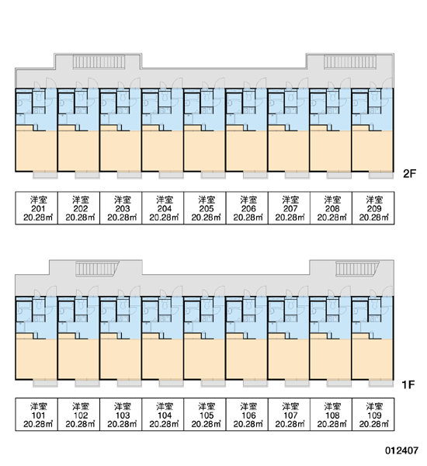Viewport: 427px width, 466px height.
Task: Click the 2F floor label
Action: click(409, 173)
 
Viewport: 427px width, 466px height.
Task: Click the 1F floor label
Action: click(408, 384)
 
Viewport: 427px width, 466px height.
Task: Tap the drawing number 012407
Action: click(401, 450)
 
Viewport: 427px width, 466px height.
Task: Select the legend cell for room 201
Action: click(36, 208)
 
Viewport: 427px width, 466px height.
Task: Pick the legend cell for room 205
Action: click(205, 208)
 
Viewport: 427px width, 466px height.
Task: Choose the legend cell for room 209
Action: click(373, 208)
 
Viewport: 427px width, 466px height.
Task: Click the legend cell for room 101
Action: click(36, 414)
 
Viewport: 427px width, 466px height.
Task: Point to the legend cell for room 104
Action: click(163, 414)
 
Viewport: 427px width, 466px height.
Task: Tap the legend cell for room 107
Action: click(289, 414)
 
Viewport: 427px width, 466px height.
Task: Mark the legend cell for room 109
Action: click(373, 414)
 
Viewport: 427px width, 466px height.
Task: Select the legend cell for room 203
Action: click(121, 208)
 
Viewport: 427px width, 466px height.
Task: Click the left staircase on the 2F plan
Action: click(99, 62)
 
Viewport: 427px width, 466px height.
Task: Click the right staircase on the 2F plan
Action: click(350, 62)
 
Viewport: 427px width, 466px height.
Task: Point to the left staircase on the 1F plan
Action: click(96, 269)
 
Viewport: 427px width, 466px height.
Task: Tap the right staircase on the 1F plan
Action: click(357, 269)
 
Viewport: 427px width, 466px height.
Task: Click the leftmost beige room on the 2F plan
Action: click(36, 150)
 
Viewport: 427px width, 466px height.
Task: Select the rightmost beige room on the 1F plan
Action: click(373, 358)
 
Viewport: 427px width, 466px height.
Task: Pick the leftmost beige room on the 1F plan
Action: click(36, 358)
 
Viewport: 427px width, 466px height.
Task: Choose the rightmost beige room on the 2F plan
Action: click(373, 150)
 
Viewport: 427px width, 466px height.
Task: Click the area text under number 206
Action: click(248, 217)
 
